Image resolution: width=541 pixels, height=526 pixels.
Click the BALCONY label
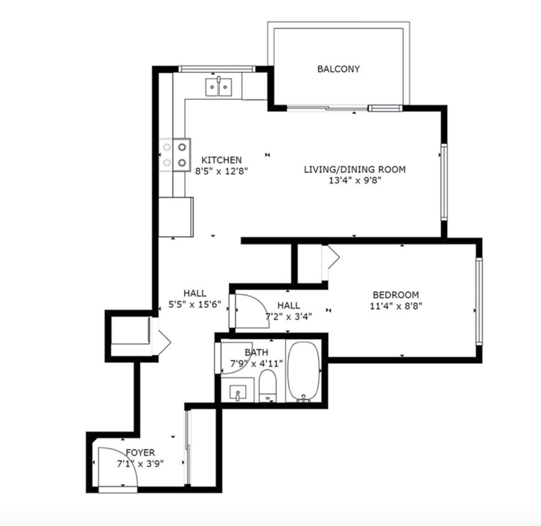338,69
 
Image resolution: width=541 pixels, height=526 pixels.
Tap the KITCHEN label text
222,160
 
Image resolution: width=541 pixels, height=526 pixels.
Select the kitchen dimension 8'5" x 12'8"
222,171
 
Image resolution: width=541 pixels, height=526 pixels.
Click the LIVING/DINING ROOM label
355,169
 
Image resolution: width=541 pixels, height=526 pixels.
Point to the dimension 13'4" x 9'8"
355,181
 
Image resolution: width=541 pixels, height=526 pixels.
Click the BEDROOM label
396,295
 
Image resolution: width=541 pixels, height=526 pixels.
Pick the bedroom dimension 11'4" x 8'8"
396,306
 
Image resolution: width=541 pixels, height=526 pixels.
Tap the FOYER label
140,452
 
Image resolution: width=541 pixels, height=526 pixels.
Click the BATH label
257,352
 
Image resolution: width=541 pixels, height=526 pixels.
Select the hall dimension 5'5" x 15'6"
195,304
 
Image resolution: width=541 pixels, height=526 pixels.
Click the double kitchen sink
218,87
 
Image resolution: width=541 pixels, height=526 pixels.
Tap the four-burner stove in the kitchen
175,155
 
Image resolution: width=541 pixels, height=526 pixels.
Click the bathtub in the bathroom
304,371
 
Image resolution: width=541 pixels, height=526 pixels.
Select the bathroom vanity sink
238,393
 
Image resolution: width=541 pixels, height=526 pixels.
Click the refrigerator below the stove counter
176,217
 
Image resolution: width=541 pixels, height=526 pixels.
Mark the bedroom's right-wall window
479,301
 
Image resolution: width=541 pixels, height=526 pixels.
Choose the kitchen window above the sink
216,69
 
